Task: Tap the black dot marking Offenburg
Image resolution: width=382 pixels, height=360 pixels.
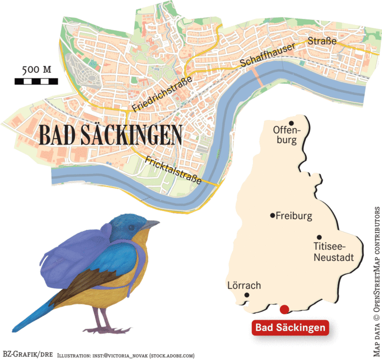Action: pos(290,122)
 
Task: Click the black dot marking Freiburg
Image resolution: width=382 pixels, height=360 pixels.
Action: pos(272,215)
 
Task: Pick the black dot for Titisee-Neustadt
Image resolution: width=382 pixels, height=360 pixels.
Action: pos(319,237)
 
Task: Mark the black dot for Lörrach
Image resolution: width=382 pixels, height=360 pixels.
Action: pos(247,295)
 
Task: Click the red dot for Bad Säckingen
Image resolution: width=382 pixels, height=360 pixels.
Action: pos(284,309)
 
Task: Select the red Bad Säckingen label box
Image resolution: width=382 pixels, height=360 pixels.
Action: pos(290,328)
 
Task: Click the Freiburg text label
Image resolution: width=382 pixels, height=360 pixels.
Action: pos(294,216)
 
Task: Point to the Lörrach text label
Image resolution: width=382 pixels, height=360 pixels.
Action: pos(244,285)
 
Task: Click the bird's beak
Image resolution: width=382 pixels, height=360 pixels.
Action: pos(150,226)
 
